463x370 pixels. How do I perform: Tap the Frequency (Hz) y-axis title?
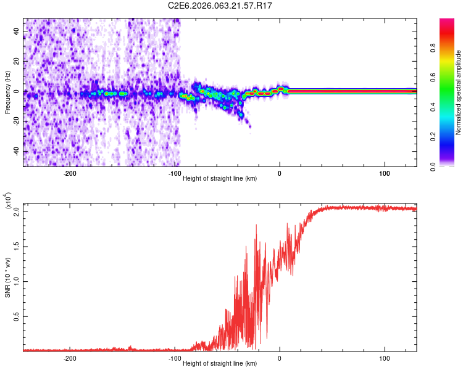(7, 92)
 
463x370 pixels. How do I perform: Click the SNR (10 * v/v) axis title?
(7, 276)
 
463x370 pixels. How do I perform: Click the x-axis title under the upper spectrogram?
(220, 178)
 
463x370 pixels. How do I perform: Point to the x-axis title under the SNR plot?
(220, 363)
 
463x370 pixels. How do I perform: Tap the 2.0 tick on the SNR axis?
(17, 212)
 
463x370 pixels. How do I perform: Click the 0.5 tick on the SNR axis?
(17, 316)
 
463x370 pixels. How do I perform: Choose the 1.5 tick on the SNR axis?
(17, 247)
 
